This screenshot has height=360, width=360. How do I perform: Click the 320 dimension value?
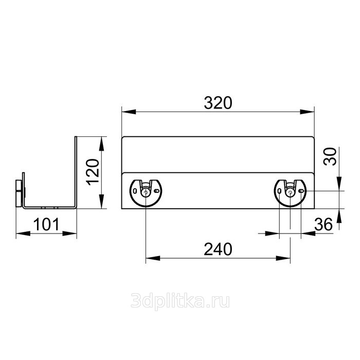click(x=218, y=103)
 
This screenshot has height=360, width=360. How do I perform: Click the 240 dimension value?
click(x=218, y=249)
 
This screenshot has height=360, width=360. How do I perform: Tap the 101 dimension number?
click(x=46, y=224)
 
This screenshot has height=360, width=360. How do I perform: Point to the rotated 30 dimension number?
click(x=330, y=156)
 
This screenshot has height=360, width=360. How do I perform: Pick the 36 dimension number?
click(x=323, y=224)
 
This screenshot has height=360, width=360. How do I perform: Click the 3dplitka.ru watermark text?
click(x=180, y=301)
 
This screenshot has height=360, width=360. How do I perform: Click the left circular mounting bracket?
click(x=146, y=193)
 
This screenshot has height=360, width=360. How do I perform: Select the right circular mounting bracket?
click(x=290, y=193)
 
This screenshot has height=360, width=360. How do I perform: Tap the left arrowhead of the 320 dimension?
click(x=129, y=112)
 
